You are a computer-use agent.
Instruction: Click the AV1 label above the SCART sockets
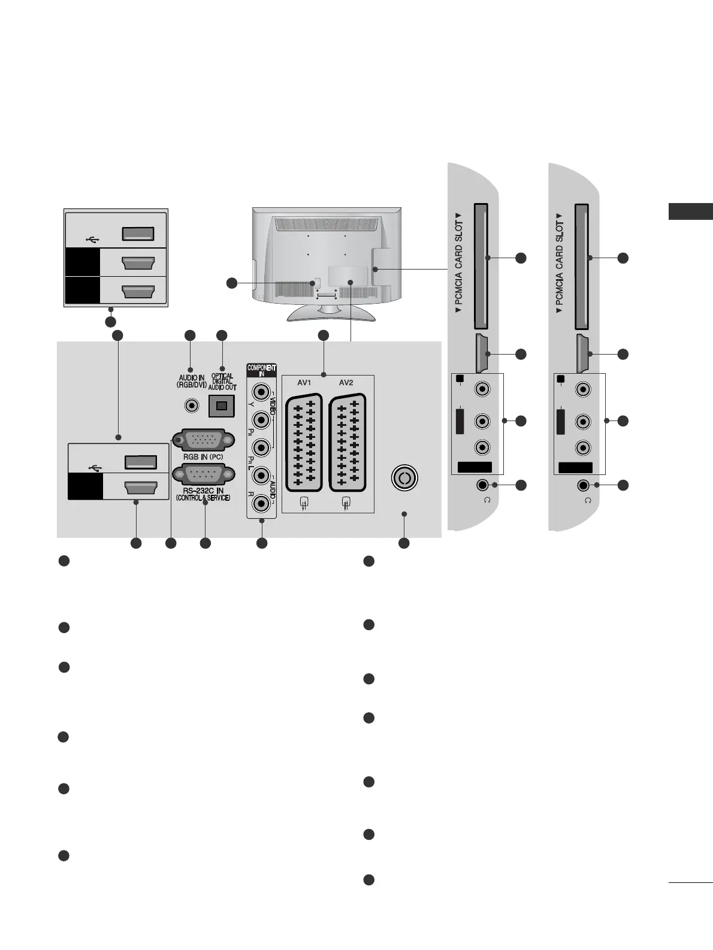pos(304,382)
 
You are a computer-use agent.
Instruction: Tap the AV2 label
pos(346,382)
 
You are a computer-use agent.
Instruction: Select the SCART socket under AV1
pos(304,441)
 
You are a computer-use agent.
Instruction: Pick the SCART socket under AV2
pos(347,441)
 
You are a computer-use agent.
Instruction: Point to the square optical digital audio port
pos(221,406)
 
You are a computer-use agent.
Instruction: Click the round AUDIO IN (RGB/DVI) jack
pos(191,406)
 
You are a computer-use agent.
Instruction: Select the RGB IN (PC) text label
pos(200,457)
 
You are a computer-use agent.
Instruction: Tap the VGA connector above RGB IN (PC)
pos(200,441)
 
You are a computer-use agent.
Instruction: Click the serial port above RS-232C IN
pos(200,476)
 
